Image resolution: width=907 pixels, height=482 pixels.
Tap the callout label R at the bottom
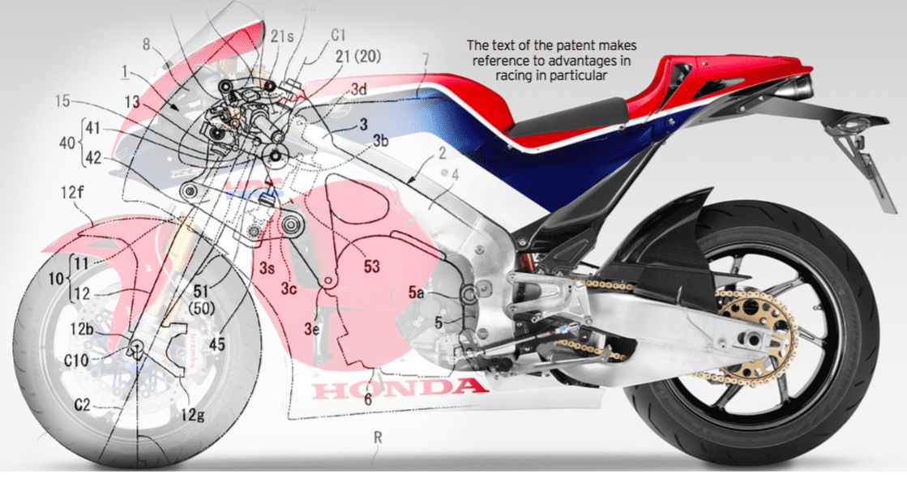click(x=377, y=437)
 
